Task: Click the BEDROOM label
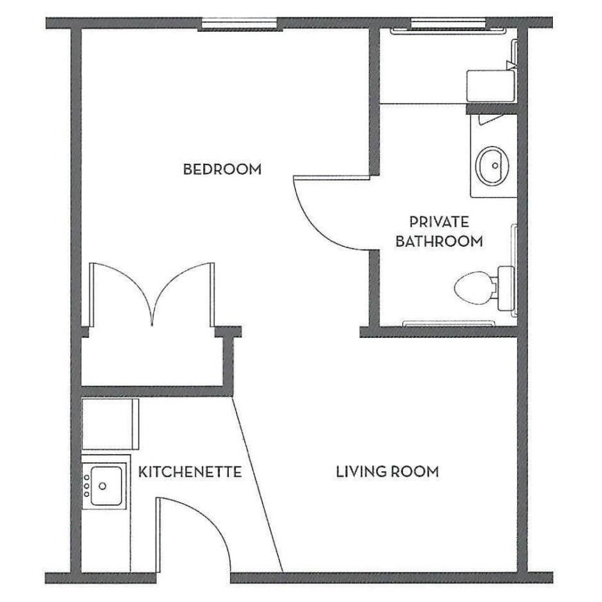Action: pos(222,169)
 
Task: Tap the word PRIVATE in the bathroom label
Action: pos(439,222)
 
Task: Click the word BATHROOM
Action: pos(439,242)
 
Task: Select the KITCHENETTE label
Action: pos(190,472)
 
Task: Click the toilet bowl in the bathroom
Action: pos(473,285)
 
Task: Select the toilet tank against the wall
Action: pos(504,285)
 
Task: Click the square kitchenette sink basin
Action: pos(106,485)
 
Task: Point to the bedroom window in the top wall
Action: pos(241,25)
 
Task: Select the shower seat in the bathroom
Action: pos(490,85)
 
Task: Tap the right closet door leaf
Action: pos(184,290)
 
